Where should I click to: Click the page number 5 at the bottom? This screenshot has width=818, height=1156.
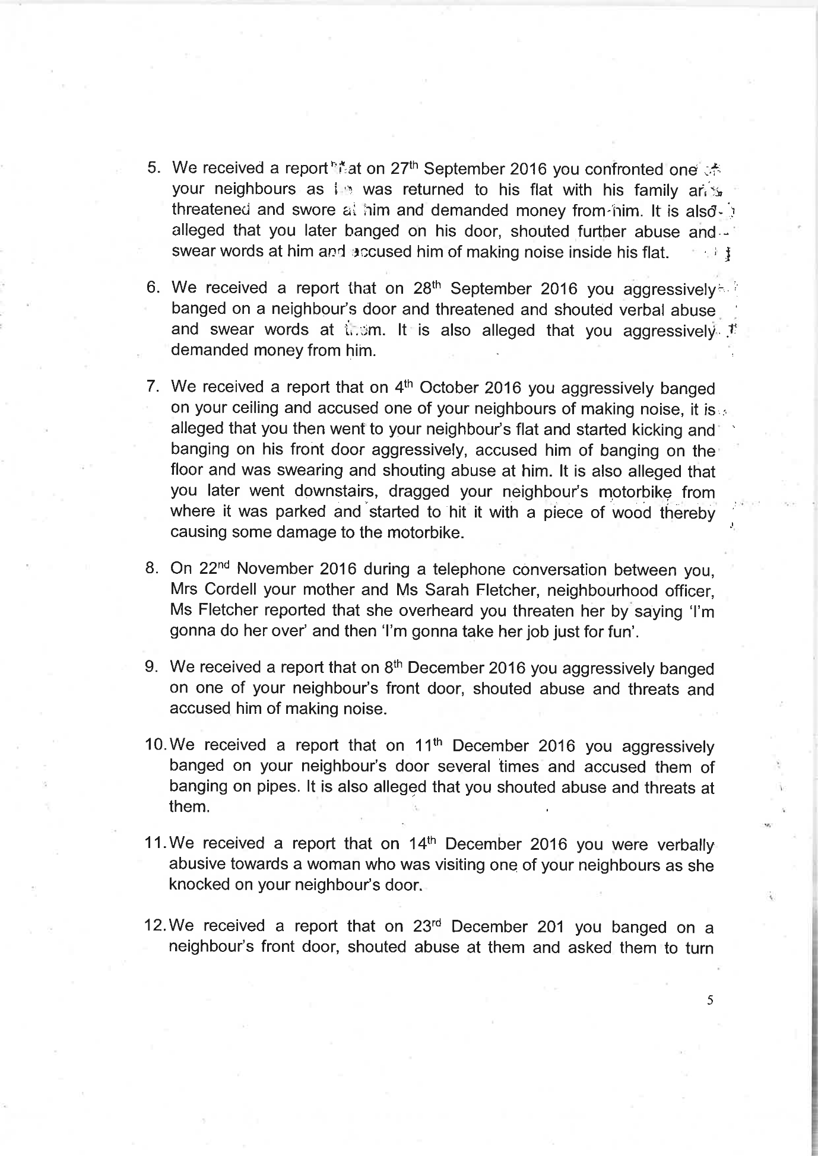coord(710,1000)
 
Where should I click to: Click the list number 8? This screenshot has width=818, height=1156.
coord(151,568)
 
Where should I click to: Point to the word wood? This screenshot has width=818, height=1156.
coord(633,512)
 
